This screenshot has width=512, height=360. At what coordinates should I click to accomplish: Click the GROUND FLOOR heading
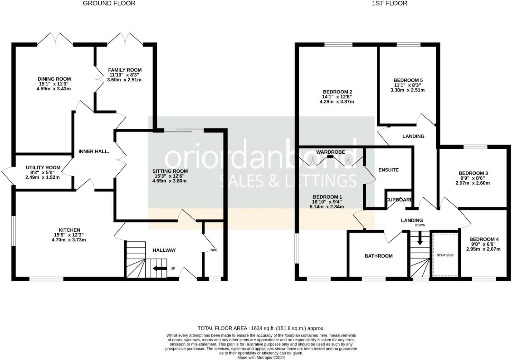click(x=109, y=3)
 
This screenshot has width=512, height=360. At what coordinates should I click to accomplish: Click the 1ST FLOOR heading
click(x=389, y=3)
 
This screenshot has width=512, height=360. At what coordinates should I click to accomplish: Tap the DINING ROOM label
click(x=54, y=79)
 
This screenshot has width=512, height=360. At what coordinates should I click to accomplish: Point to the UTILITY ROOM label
click(x=43, y=168)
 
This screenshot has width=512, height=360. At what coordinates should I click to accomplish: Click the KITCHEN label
click(x=69, y=230)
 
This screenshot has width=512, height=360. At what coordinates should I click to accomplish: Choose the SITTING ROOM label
click(x=170, y=171)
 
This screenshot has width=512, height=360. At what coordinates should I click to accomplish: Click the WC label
click(x=214, y=250)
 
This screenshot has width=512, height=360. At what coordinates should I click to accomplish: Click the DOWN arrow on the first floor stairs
click(x=420, y=240)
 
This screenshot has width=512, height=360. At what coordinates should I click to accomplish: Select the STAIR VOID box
click(x=445, y=255)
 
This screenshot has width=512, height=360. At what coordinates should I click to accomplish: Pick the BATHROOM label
click(x=378, y=256)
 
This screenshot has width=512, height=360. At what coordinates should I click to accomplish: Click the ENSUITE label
click(x=388, y=170)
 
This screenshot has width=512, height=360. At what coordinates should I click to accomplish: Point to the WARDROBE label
click(x=330, y=152)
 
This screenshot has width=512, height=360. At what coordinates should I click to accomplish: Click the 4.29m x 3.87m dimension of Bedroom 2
click(x=337, y=102)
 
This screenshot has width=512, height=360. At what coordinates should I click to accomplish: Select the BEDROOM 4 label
click(x=484, y=239)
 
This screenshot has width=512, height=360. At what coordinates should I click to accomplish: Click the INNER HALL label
click(x=94, y=151)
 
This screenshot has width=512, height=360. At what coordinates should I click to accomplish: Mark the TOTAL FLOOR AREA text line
click(x=261, y=328)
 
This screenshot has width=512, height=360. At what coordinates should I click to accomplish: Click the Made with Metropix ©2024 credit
click(x=261, y=358)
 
